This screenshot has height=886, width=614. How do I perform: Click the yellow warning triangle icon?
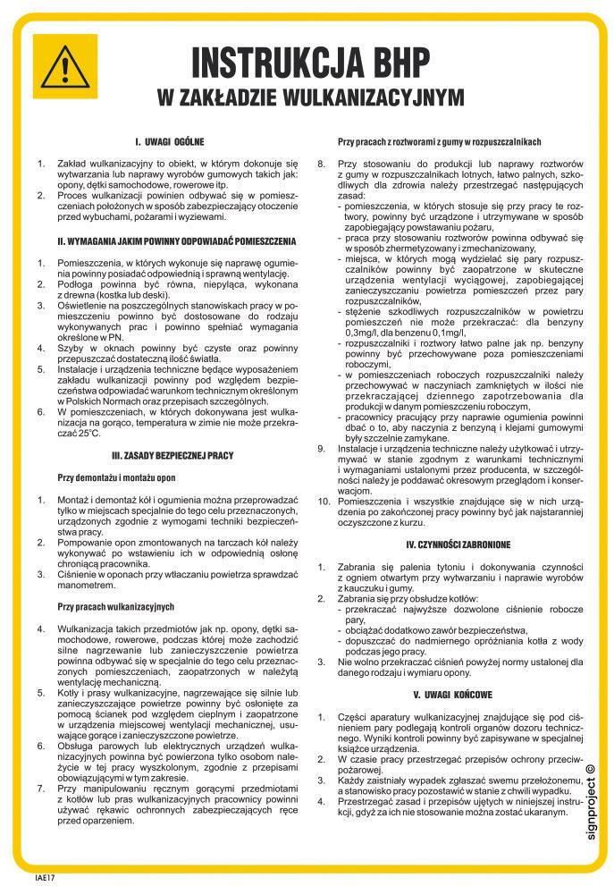click(x=64, y=64)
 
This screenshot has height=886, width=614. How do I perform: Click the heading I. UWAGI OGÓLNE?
click(x=170, y=141)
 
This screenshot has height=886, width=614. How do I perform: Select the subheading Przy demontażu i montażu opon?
click(x=117, y=477)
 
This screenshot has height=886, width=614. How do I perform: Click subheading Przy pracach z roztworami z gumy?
click(x=439, y=142)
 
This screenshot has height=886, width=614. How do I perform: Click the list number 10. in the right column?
click(x=325, y=503)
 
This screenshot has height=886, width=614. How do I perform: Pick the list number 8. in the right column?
click(x=323, y=163)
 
